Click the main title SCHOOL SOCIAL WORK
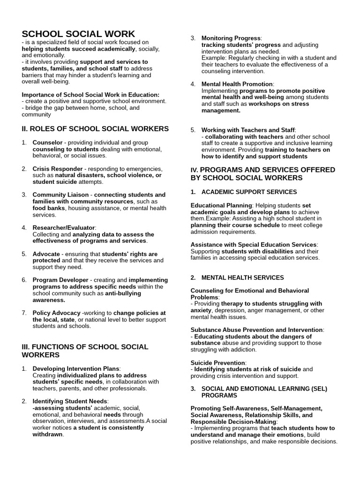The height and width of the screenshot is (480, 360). [78, 34]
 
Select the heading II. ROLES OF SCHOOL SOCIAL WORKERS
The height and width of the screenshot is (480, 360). [95, 128]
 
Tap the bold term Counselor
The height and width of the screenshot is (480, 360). [47, 142]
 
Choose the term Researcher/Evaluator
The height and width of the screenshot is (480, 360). [64, 228]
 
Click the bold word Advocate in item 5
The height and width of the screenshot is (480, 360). [46, 254]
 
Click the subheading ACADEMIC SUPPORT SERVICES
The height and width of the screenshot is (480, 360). [249, 192]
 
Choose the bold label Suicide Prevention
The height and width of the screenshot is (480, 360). [217, 363]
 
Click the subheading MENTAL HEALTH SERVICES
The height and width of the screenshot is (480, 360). [242, 278]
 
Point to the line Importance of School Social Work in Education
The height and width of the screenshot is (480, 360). [90, 95]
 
